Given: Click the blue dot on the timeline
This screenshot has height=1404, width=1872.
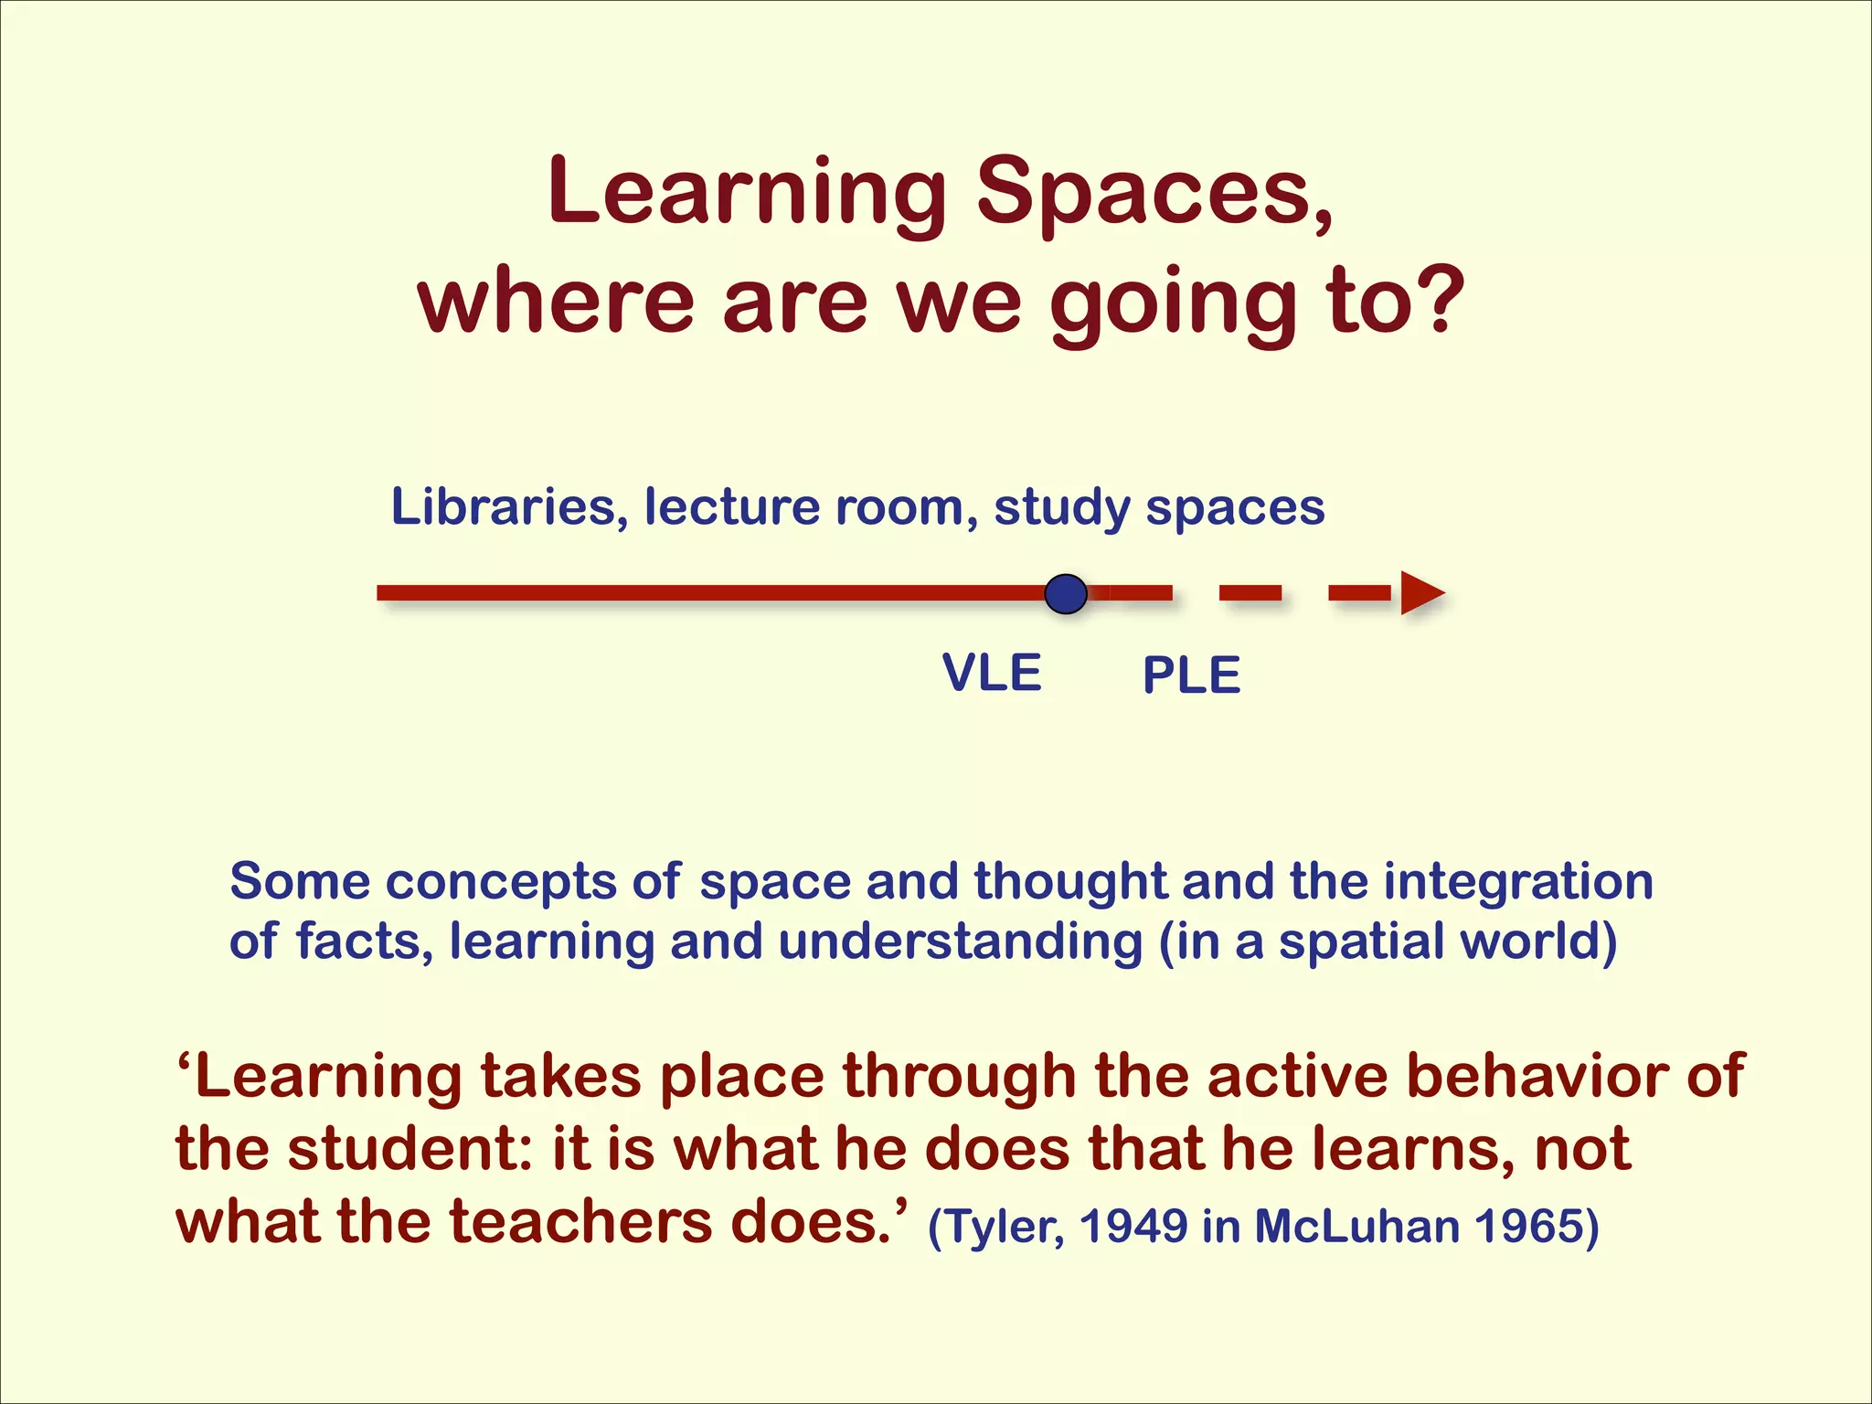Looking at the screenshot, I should [x=1066, y=594].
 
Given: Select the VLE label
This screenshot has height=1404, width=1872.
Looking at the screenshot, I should [x=992, y=674].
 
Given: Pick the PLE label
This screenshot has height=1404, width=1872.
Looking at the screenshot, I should [x=1191, y=676].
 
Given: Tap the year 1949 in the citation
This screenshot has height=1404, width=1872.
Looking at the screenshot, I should [x=1133, y=1227].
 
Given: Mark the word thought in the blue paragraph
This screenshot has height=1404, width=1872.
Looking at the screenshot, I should [x=1070, y=883].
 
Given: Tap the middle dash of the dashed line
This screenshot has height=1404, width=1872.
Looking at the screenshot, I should [x=1250, y=594].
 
